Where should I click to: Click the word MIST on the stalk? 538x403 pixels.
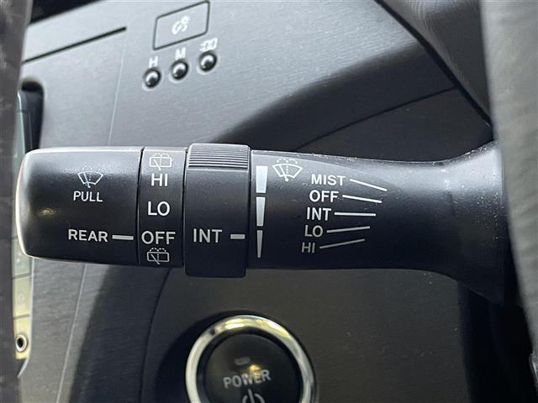328,180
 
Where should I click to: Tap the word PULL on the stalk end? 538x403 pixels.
87,196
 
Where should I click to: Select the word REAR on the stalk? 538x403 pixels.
87,235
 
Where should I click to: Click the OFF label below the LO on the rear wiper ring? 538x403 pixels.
158,238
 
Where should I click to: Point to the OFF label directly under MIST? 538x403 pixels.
324,196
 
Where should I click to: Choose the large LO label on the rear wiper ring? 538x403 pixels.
159,208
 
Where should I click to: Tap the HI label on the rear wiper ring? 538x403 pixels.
160,180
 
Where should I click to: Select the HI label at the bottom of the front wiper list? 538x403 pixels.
308,248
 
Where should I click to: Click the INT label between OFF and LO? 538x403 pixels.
319,214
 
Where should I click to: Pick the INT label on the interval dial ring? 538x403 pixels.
207,236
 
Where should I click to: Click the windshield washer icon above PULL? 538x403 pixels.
90,179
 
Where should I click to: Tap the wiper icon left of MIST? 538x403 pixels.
287,169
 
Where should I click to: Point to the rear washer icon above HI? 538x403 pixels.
161,161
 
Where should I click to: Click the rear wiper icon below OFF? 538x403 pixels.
158,255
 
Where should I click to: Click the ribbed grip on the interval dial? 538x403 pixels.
219,157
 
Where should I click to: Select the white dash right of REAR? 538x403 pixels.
123,237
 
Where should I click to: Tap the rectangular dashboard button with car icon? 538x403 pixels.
182,25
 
